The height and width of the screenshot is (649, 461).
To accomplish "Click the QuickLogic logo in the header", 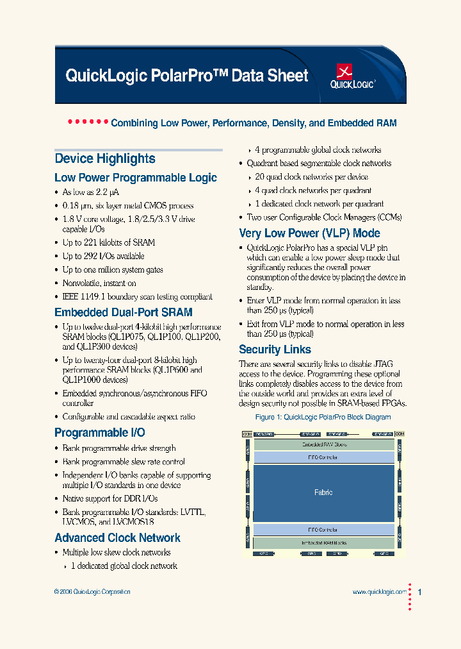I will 352,76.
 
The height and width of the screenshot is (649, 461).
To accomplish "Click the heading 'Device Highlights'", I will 105,159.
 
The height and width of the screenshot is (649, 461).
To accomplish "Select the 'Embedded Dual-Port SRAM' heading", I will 124,312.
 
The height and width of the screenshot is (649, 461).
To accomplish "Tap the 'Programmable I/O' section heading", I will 100,433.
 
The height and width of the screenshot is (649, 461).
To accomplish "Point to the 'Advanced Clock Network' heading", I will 118,538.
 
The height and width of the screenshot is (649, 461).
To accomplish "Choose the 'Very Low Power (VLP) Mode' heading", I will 309,233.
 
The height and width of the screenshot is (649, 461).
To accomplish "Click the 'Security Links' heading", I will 275,350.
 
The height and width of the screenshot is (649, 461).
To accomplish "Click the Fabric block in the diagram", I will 323,493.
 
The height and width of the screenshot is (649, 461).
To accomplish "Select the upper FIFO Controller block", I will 323,457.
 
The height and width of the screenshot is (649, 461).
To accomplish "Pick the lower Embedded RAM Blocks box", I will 323,542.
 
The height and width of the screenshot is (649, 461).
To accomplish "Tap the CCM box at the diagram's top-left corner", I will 247,434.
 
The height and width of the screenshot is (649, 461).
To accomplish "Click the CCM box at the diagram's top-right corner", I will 400,434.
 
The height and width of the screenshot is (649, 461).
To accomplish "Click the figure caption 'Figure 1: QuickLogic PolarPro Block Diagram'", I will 323,417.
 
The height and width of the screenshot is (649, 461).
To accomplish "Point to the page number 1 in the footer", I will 419,593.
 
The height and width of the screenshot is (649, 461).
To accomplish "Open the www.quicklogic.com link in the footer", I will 379,593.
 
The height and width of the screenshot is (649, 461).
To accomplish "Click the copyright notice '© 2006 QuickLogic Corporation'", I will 92,592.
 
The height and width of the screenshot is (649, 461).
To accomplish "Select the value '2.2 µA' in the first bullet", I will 107,192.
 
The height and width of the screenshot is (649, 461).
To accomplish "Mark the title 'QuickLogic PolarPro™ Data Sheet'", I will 187,76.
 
